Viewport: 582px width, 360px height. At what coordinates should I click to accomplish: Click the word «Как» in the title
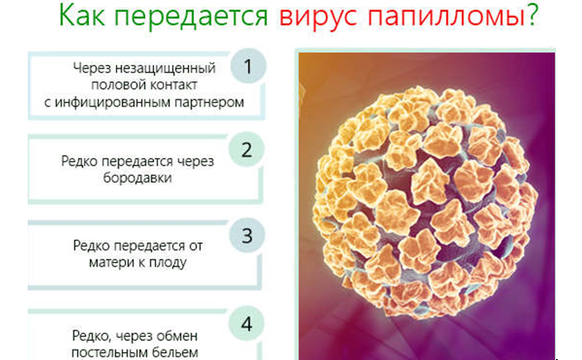tap(82, 16)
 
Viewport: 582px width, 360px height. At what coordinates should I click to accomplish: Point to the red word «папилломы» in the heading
tap(446, 16)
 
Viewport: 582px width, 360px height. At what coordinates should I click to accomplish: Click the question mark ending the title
tap(533, 15)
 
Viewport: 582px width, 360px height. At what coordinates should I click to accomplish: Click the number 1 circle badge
tap(249, 67)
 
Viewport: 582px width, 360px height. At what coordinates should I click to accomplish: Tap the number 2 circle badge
tap(247, 150)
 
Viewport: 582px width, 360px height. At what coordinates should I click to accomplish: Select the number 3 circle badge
tap(247, 235)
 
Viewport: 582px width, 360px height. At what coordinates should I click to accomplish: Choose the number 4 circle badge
tap(247, 324)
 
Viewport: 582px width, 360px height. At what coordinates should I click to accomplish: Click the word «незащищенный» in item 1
tap(165, 68)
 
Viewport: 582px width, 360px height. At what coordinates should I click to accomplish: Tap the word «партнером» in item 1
tap(210, 102)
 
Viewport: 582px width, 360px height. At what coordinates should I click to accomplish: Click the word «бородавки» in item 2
tap(138, 177)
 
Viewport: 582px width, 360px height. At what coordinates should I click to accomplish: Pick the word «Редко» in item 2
tap(80, 162)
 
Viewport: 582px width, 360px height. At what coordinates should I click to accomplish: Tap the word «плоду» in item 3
tap(168, 263)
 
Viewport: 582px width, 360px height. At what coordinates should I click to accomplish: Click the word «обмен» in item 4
tap(177, 337)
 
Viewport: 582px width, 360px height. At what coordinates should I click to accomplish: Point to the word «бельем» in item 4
tap(176, 352)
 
